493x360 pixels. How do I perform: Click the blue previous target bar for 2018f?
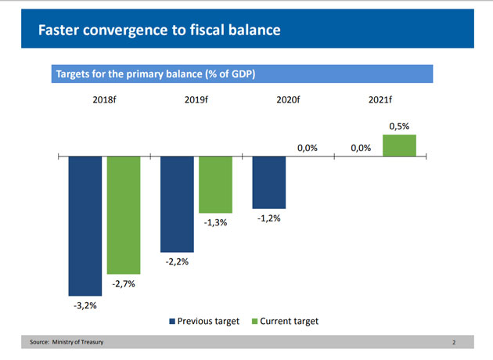tap(85, 225)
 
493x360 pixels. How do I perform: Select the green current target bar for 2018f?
tap(124, 214)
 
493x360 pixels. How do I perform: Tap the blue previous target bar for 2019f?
tap(177, 203)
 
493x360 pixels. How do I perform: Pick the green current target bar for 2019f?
tap(215, 185)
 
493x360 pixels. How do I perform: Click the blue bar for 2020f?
tap(268, 182)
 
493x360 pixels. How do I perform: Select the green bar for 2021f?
tap(399, 146)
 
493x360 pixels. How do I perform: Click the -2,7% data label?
tap(123, 284)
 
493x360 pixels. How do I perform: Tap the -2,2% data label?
tap(177, 261)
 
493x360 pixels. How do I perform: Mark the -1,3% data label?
tap(215, 223)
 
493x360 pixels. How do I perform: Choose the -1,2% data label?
tap(268, 218)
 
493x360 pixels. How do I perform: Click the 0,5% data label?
tap(399, 125)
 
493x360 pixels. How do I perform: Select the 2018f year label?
tap(103, 99)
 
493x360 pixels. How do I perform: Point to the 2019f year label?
tap(196, 99)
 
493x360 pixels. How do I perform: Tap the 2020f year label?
tap(288, 99)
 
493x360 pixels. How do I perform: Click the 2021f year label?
tap(380, 99)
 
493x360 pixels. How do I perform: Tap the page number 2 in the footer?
tap(453, 343)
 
